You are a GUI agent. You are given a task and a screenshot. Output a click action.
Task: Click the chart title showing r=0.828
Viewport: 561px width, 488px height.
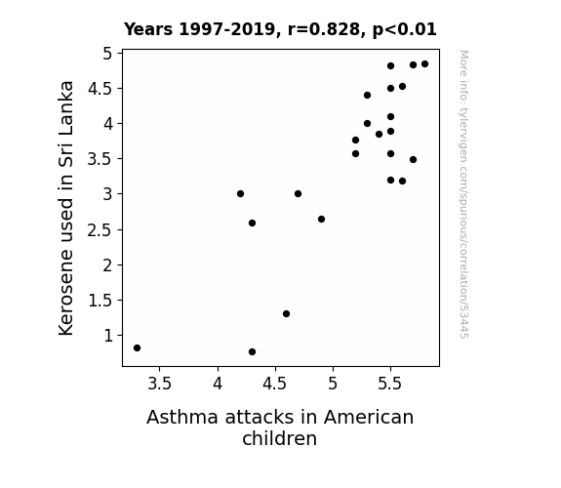[x=280, y=29]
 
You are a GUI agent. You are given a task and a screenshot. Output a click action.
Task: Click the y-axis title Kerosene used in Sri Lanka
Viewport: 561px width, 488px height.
[x=65, y=208]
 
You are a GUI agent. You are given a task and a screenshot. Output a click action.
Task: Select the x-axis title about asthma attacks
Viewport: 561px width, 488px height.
[x=280, y=427]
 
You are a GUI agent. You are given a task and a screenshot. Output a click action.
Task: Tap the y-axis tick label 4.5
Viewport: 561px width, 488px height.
[x=100, y=89]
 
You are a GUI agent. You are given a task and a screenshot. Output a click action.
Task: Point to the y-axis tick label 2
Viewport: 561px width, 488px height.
[x=107, y=265]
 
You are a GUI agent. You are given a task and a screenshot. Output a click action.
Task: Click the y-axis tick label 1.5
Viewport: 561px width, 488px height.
[x=100, y=301]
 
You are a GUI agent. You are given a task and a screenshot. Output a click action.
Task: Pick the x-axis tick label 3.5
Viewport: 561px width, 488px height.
[x=160, y=384]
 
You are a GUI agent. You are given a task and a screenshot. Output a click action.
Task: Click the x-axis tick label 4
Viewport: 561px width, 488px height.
[x=218, y=384]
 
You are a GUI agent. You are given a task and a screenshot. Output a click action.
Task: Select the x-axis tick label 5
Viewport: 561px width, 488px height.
[x=333, y=384]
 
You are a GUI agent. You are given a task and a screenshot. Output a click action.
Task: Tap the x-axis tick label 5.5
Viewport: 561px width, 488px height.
[x=390, y=384]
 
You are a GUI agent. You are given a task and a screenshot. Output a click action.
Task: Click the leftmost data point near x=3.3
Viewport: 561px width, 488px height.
[x=137, y=348]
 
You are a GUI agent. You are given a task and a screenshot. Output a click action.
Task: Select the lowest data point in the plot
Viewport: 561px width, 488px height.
[x=252, y=352]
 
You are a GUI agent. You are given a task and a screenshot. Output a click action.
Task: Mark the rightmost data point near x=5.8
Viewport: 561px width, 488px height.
[x=424, y=64]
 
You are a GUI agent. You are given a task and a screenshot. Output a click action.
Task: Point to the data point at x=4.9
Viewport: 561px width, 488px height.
[x=321, y=220]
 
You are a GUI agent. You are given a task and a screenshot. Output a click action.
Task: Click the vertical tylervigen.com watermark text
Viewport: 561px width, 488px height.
[x=464, y=194]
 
